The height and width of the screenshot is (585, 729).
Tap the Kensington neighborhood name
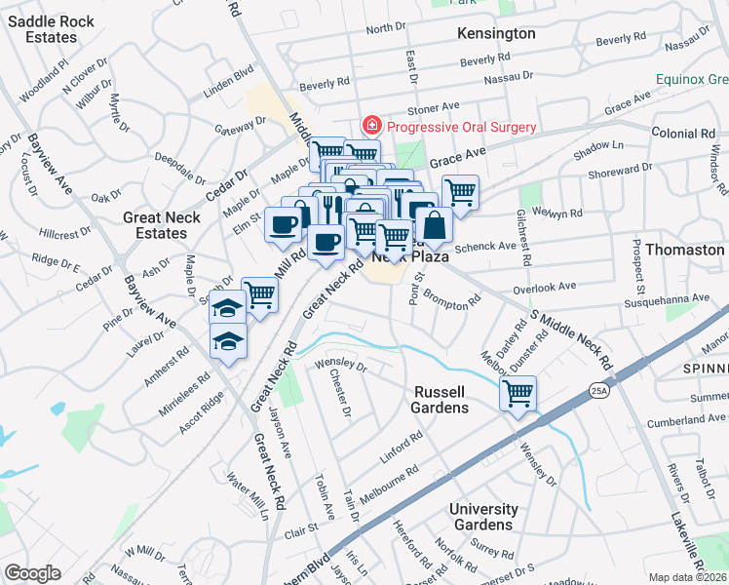click(496, 33)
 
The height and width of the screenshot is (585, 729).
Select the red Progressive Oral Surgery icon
click(370, 126)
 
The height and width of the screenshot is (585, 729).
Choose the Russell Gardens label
click(440, 399)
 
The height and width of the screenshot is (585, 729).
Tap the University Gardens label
click(483, 517)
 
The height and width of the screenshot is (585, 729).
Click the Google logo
click(32, 573)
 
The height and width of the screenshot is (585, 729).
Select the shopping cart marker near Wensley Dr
click(518, 394)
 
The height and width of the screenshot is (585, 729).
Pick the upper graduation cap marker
click(227, 307)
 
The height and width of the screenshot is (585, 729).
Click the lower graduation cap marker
click(229, 341)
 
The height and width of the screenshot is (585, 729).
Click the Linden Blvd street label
click(228, 74)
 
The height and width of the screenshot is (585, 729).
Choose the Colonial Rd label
click(683, 133)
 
